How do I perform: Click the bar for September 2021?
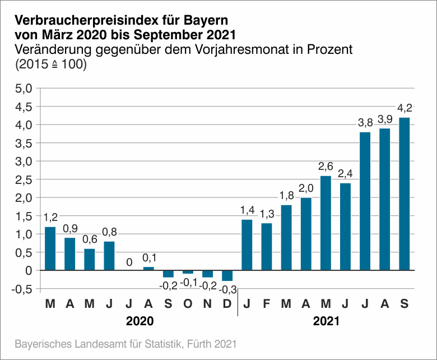(404, 194)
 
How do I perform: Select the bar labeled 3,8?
(365, 201)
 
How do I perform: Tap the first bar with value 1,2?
(50, 248)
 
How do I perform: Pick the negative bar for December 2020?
(227, 276)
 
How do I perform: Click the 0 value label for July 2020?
(129, 262)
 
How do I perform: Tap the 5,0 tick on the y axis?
(25, 88)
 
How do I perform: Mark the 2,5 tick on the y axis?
(25, 179)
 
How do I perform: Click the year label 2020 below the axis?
(139, 322)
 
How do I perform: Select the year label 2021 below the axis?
(326, 322)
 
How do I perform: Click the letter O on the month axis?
(188, 304)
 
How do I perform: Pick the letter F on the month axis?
(267, 304)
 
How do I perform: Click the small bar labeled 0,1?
(148, 269)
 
